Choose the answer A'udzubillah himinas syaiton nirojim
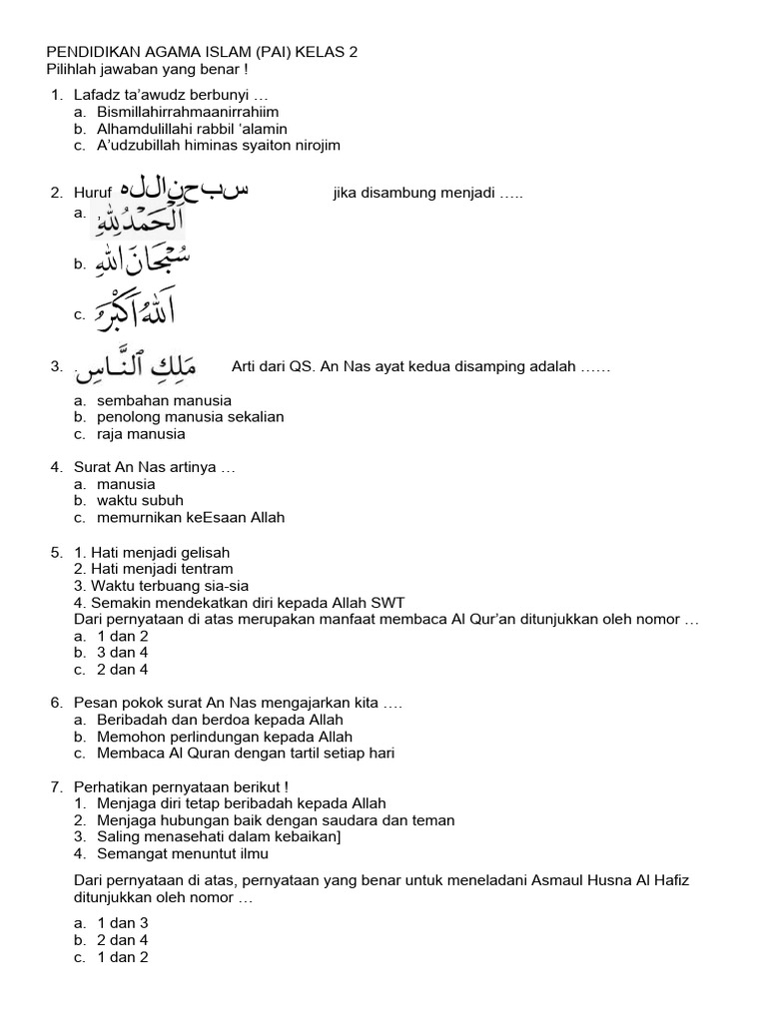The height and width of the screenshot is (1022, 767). pyautogui.click(x=219, y=146)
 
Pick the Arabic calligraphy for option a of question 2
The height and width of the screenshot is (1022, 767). pyautogui.click(x=139, y=222)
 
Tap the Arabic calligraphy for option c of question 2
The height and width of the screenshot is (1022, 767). pyautogui.click(x=135, y=312)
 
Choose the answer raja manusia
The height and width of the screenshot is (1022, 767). pyautogui.click(x=141, y=434)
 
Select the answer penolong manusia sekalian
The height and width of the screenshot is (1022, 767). pyautogui.click(x=190, y=417)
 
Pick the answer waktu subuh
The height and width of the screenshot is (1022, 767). pyautogui.click(x=140, y=500)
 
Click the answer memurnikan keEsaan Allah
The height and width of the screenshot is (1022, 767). pyautogui.click(x=191, y=518)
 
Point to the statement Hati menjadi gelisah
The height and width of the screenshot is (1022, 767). pyautogui.click(x=160, y=552)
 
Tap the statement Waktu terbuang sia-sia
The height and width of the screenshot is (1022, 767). pyautogui.click(x=169, y=586)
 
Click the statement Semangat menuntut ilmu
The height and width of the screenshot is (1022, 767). pyautogui.click(x=183, y=854)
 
